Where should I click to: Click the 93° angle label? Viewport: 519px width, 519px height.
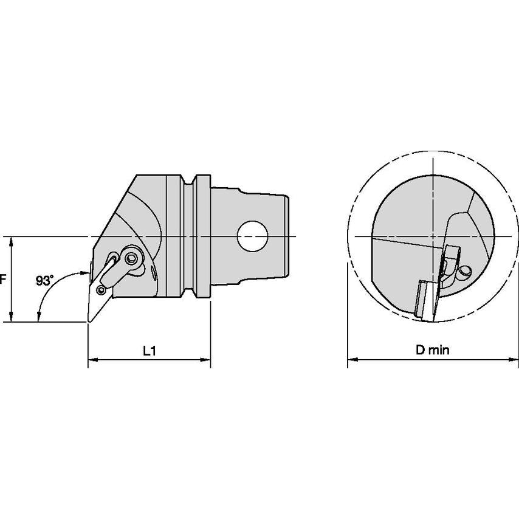point(44,281)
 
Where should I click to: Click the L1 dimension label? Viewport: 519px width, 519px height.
point(150,351)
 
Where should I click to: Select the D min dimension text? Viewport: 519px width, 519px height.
point(433,349)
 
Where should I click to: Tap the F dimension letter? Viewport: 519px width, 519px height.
point(2,280)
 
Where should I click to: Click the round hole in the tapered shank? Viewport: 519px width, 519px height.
point(252,236)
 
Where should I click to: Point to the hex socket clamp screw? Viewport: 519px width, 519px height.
point(132,258)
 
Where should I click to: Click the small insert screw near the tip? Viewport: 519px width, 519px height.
point(101,290)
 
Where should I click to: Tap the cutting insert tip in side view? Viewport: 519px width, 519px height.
point(89,320)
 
